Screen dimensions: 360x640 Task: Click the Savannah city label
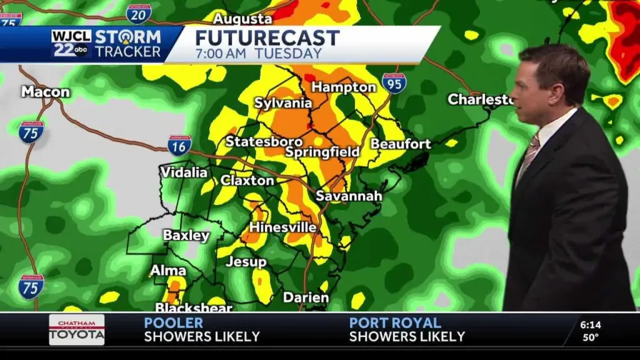(x=348, y=196)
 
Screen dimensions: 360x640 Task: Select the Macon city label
(x=46, y=92)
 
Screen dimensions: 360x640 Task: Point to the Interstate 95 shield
(x=394, y=83)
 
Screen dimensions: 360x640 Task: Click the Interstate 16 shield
(x=179, y=145)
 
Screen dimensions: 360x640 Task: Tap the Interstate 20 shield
(x=137, y=13)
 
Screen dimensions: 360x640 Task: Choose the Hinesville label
(x=282, y=227)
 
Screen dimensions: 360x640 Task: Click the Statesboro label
(x=264, y=142)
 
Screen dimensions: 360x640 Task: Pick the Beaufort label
(x=401, y=144)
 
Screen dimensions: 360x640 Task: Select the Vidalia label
(x=184, y=172)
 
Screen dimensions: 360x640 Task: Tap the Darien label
(x=306, y=298)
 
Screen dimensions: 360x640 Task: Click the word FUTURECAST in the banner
(x=267, y=37)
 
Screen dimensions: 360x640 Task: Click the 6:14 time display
(x=590, y=325)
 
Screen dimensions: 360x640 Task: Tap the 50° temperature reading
(x=591, y=337)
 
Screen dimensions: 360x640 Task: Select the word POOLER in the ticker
(x=173, y=323)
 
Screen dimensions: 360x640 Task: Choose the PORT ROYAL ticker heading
(x=394, y=323)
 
